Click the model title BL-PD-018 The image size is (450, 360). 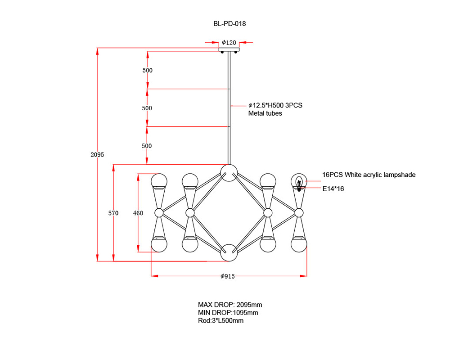[x=229, y=23]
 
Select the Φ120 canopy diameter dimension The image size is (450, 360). [x=229, y=43]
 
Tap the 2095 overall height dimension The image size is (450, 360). [x=97, y=154]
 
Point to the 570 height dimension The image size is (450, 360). [x=113, y=213]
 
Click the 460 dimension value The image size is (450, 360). [x=138, y=213]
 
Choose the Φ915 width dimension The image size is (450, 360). [x=228, y=276]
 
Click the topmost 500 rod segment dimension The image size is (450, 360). [x=147, y=71]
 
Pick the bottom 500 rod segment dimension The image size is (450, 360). [x=147, y=146]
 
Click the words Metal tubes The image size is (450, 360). [x=265, y=113]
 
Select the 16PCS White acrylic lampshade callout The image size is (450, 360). [x=369, y=175]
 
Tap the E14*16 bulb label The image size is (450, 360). [x=333, y=189]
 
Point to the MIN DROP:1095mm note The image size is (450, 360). [x=228, y=313]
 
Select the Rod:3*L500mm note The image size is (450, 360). [x=220, y=321]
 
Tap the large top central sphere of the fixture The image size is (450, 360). [x=229, y=172]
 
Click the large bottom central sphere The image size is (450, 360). [x=229, y=253]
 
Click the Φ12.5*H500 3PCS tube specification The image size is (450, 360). [x=275, y=105]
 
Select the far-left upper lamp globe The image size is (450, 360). [x=159, y=181]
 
